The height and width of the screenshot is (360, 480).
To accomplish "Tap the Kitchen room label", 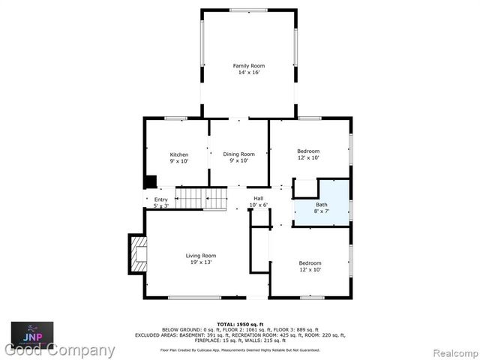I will (x=178, y=154).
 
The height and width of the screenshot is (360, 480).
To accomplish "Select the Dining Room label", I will (x=238, y=154).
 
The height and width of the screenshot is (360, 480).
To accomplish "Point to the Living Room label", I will (x=201, y=256).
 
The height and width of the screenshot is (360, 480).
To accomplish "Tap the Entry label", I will (x=161, y=199).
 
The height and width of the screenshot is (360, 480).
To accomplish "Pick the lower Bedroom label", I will (x=310, y=262).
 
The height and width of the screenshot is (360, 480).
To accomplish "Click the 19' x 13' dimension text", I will (x=201, y=262).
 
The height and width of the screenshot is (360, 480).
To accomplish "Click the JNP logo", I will (x=31, y=332).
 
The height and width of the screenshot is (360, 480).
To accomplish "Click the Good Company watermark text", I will (x=60, y=350).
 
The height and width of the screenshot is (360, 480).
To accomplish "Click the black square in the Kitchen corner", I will (x=150, y=181).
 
